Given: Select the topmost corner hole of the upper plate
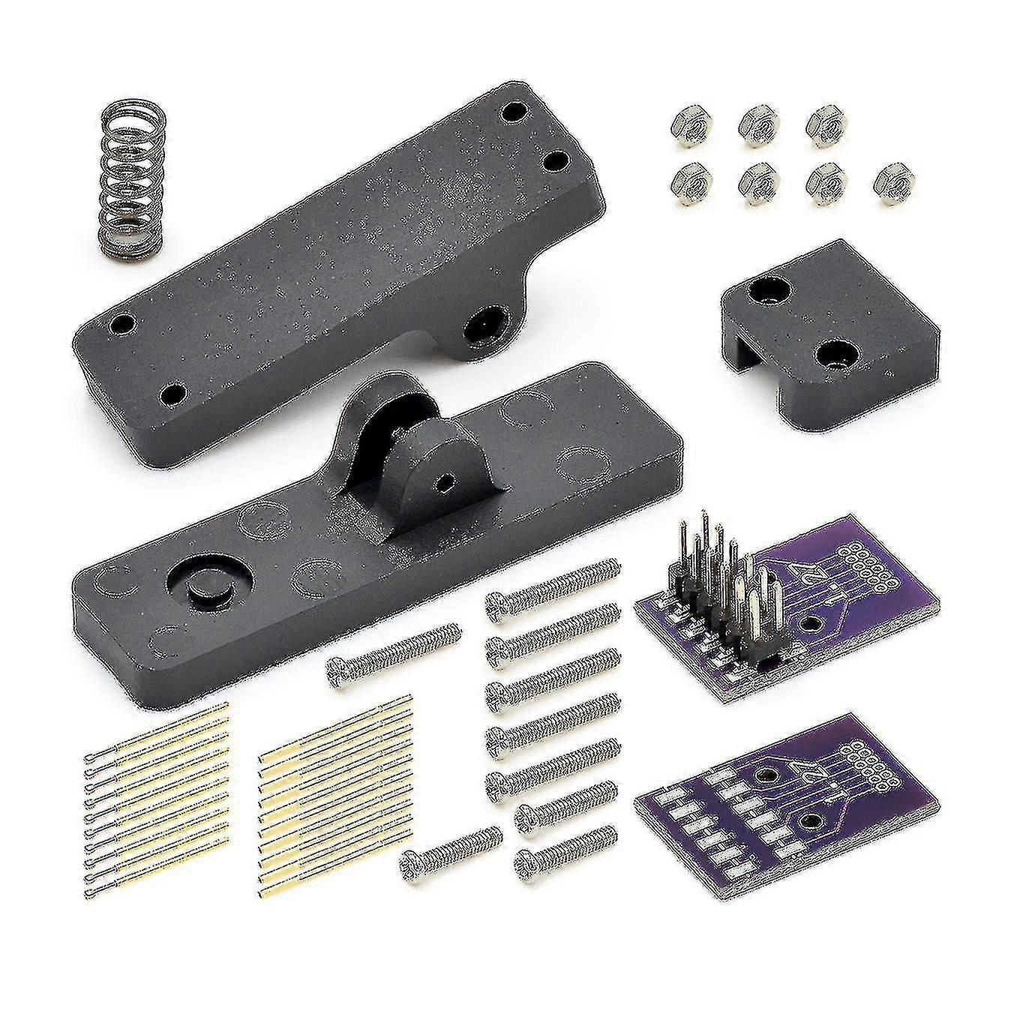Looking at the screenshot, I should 514,113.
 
